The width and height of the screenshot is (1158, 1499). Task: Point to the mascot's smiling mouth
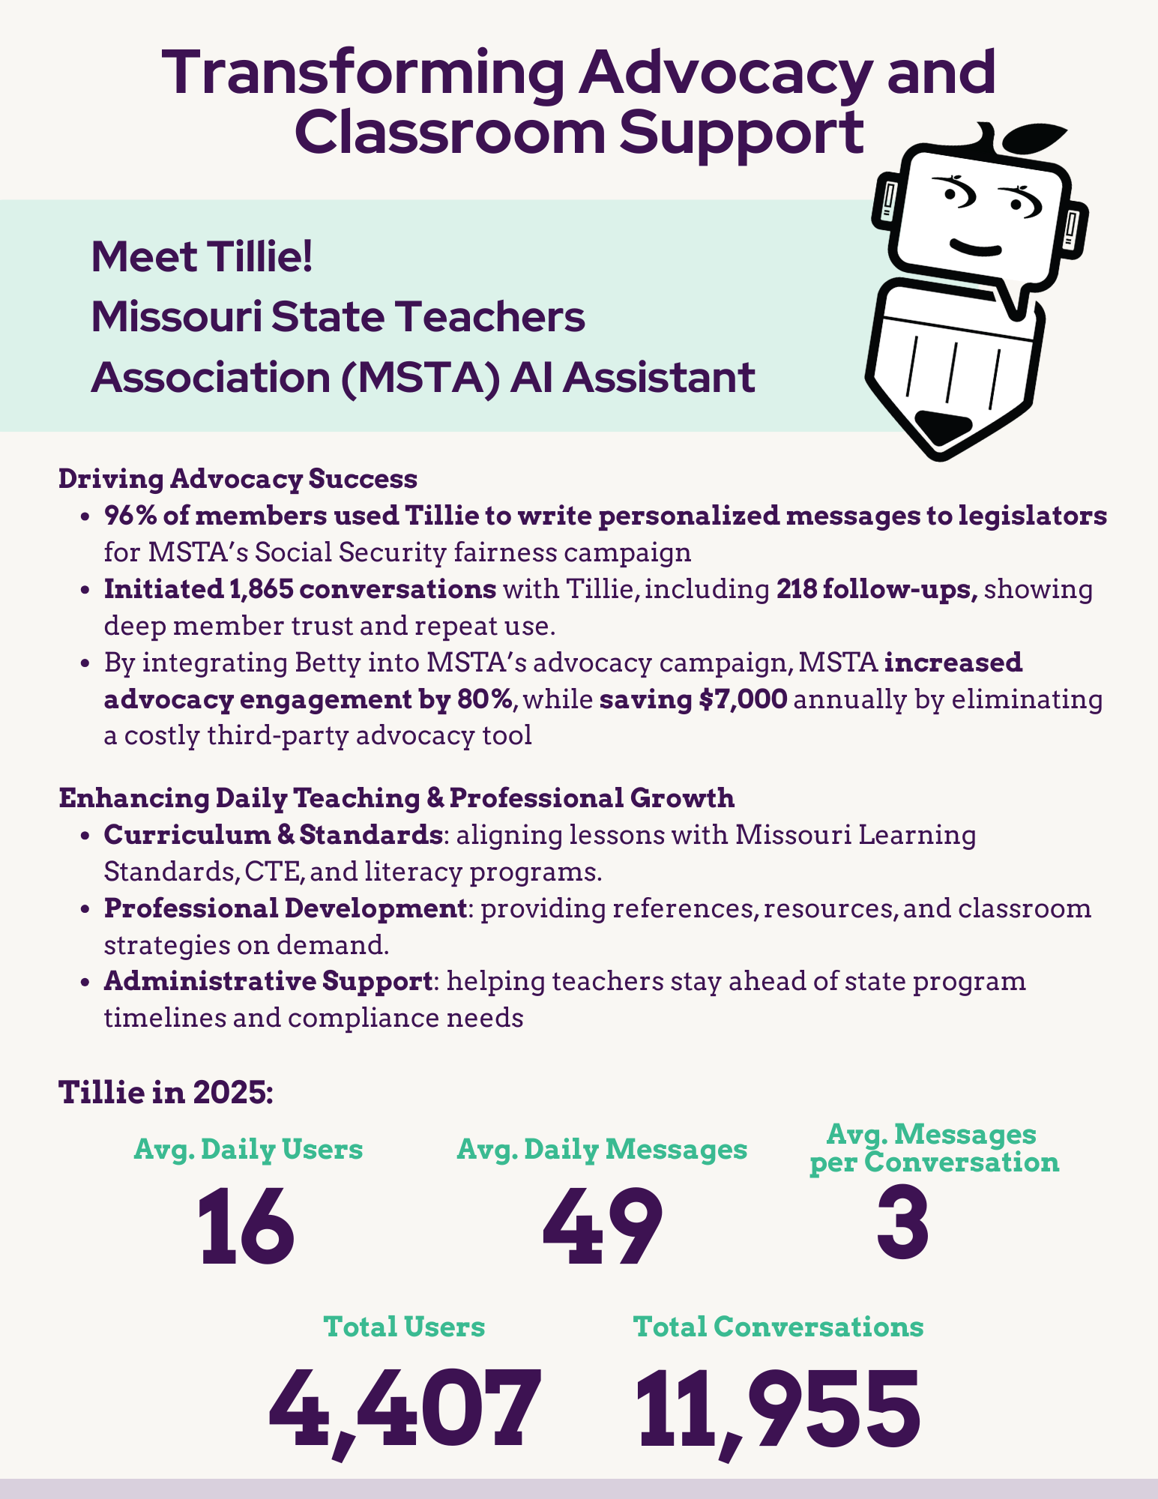coord(975,247)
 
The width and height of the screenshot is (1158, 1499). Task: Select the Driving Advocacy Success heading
coord(238,479)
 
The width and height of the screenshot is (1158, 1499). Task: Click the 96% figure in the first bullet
coord(129,516)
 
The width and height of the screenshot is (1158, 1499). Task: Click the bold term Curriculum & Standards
coord(272,834)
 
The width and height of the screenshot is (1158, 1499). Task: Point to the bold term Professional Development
coord(285,908)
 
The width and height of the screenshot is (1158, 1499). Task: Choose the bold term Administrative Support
coord(268,981)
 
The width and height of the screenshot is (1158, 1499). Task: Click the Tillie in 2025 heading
coord(166,1092)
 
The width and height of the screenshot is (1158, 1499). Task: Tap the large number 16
coord(247,1227)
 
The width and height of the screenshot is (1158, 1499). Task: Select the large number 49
coord(603,1227)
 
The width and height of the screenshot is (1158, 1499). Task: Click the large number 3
coord(903,1227)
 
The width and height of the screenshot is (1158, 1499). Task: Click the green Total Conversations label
coord(778,1327)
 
